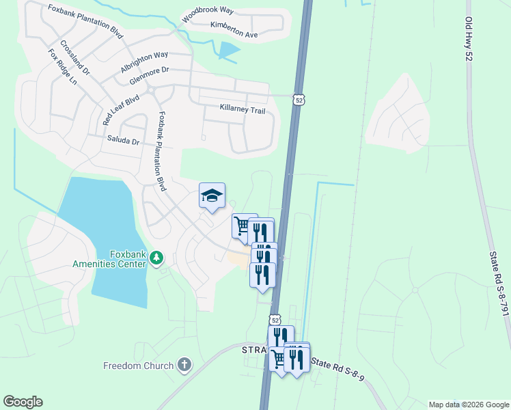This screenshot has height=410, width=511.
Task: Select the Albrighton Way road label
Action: [143, 62]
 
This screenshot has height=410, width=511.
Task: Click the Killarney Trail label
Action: [241, 108]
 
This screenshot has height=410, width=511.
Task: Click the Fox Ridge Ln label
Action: [63, 67]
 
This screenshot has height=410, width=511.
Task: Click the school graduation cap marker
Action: [212, 196]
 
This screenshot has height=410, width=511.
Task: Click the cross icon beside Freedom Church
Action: [184, 365]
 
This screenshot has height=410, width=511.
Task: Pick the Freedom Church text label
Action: [139, 366]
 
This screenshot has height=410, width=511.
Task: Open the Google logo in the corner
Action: [23, 402]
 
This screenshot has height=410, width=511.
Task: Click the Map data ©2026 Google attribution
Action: [468, 405]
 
